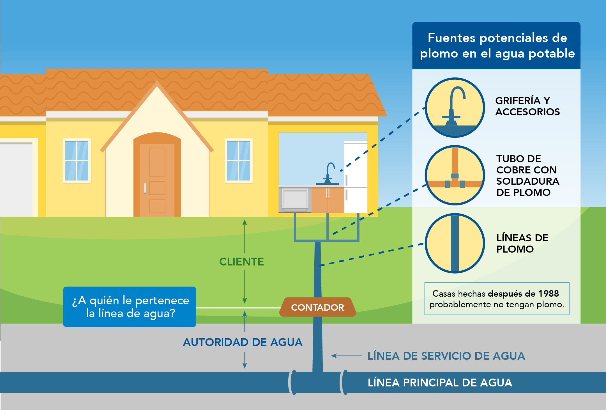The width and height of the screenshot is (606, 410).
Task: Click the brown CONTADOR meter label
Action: coord(318,307)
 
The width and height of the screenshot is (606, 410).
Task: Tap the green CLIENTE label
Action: coord(241,262)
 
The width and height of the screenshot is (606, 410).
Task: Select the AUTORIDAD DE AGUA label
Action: coord(243,342)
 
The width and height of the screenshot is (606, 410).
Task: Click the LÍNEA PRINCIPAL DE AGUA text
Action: coord(440,382)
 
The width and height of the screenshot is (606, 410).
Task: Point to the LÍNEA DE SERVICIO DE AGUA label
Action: coord(446,356)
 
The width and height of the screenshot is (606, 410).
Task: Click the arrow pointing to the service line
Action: coord(346,356)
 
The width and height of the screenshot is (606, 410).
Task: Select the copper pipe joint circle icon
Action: coord(455,175)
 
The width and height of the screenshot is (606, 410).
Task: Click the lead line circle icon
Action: coord(455,243)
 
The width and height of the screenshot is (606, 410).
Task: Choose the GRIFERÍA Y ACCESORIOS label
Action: coord(527,106)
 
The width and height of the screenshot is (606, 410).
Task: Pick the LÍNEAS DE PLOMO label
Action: coord(522,243)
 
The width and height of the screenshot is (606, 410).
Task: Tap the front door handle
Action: coord(145,188)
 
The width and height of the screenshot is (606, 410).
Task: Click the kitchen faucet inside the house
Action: coord(328,173)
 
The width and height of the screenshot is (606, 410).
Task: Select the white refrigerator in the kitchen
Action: coord(356,177)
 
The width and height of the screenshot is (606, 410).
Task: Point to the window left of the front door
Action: coord(77,161)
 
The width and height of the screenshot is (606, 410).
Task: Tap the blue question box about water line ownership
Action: coord(130,307)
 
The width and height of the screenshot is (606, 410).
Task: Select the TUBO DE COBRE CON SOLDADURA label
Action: coord(528,175)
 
